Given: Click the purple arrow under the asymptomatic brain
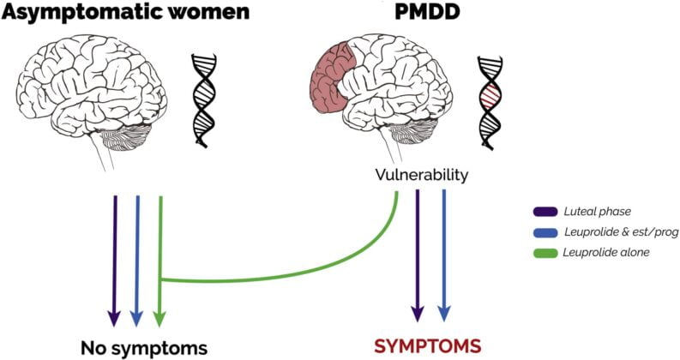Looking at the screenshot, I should pyautogui.click(x=113, y=257).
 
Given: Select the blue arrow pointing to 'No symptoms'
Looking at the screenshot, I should pyautogui.click(x=136, y=257).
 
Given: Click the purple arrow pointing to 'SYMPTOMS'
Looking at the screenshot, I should pyautogui.click(x=417, y=257).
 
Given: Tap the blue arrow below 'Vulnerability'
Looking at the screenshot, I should pyautogui.click(x=444, y=257).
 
